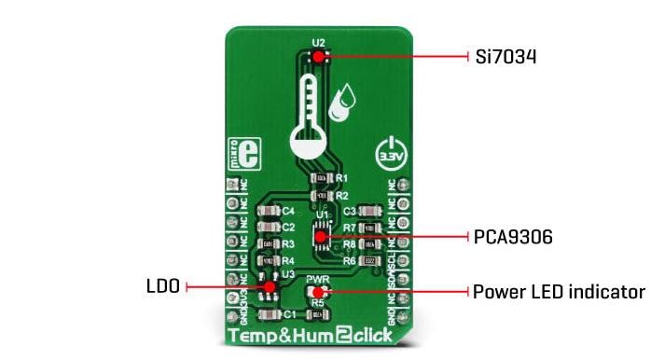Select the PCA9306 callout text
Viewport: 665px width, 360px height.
[x=513, y=237]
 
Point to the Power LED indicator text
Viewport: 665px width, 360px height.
[x=559, y=292]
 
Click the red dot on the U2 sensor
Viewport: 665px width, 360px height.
[x=319, y=57]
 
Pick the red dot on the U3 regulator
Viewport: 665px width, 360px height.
[x=269, y=286]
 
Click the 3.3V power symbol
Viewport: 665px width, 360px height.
[x=389, y=151]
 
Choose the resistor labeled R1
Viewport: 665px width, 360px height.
[x=322, y=177]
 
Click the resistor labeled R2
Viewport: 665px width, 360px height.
[x=322, y=195]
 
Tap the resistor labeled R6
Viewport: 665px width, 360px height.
[x=370, y=261]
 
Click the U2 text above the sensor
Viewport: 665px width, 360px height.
[x=319, y=42]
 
